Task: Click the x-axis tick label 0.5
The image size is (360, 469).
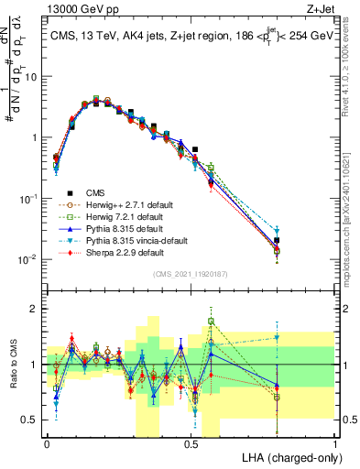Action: (x=191, y=443)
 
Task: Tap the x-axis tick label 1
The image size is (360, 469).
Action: (x=335, y=443)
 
